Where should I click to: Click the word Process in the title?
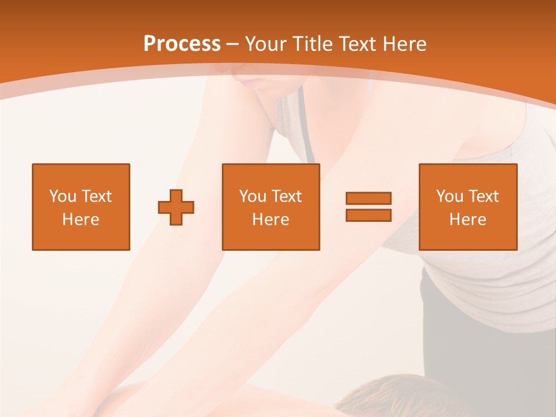tap(182, 44)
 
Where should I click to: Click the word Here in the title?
tap(405, 44)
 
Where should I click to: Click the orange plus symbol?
tap(176, 207)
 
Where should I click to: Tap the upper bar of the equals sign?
tap(368, 198)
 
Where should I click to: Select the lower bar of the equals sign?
tap(368, 215)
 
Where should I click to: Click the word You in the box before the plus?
tap(63, 196)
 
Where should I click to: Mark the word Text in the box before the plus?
tap(96, 196)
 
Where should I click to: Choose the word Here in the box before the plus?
tap(81, 220)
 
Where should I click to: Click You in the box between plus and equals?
tap(253, 196)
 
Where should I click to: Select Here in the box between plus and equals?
tap(270, 220)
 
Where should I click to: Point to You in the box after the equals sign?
tap(450, 196)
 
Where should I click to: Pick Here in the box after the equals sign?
tap(467, 220)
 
